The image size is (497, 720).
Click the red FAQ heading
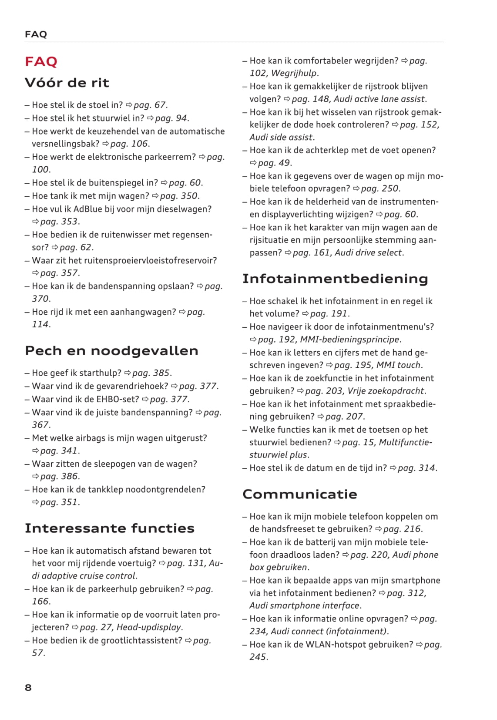(x=41, y=61)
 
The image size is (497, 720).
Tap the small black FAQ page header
(x=36, y=34)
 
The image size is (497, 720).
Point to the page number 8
(x=28, y=687)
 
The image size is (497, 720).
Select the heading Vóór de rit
(x=67, y=83)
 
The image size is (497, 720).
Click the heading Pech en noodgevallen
(x=111, y=350)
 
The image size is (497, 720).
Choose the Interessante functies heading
(x=110, y=528)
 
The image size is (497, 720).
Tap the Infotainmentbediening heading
(x=335, y=279)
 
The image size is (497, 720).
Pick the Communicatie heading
(x=300, y=494)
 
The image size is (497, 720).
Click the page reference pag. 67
(x=150, y=105)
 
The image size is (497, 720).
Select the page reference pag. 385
(x=151, y=373)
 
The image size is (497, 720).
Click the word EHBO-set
(x=118, y=399)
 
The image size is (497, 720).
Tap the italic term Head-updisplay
(x=149, y=627)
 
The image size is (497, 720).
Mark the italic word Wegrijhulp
(x=295, y=73)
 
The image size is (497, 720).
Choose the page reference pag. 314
(x=416, y=468)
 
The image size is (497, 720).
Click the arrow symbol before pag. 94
(x=151, y=118)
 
